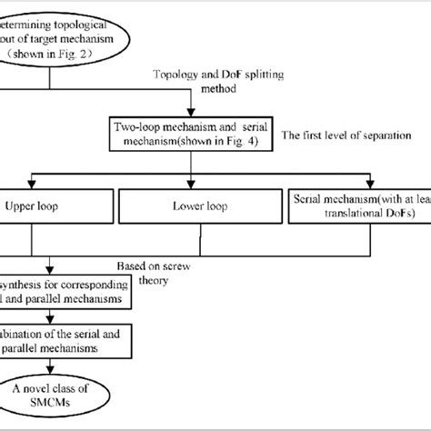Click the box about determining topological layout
(x=55, y=33)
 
